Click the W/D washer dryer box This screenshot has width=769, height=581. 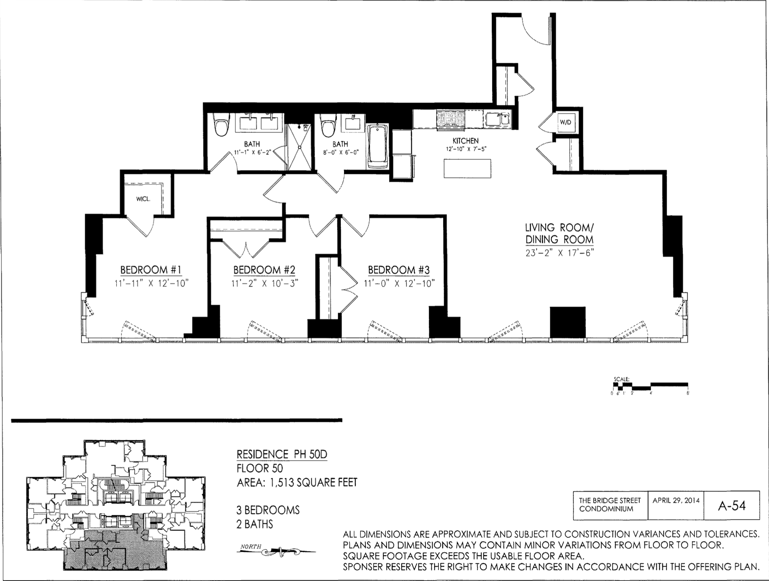[565, 122]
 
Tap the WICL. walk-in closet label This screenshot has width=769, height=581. [143, 199]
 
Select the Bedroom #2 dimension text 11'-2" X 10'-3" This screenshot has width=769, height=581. [264, 283]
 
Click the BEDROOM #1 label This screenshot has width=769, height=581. [151, 270]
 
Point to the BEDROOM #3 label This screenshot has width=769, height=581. [399, 270]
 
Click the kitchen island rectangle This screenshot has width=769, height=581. [467, 168]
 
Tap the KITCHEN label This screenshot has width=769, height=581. [465, 141]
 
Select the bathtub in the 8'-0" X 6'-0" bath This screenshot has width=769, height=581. [378, 146]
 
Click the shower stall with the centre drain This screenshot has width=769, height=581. [299, 147]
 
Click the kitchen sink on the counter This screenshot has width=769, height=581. [497, 119]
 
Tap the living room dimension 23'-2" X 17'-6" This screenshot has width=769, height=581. [560, 253]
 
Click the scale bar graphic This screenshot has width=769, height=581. [651, 386]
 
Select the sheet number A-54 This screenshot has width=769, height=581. [732, 506]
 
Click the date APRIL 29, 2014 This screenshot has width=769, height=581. [676, 500]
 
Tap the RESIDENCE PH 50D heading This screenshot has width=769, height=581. [282, 455]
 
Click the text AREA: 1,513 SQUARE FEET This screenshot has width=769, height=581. [297, 482]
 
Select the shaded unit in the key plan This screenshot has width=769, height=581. [117, 547]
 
